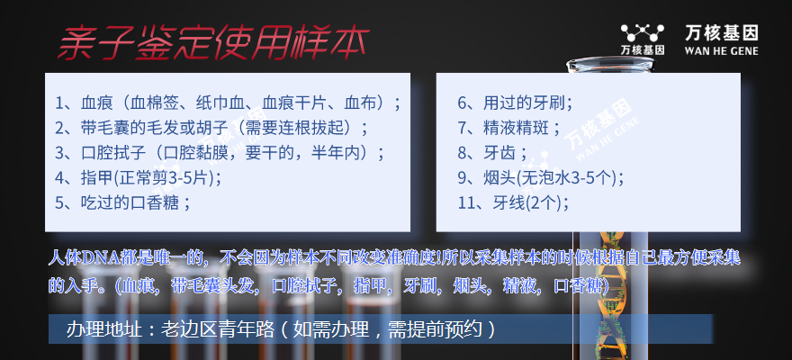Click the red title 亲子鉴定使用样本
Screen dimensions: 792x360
pos(213,44)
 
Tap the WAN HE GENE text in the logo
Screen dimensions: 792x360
pos(721,50)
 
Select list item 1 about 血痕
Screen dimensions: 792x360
pos(229,103)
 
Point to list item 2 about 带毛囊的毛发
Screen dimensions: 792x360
pos(211,128)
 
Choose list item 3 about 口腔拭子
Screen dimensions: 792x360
pos(220,152)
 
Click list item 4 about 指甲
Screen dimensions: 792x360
pos(138,177)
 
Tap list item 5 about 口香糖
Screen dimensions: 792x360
pos(122,202)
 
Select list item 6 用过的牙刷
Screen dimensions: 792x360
pos(515,103)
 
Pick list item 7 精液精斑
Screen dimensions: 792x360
pos(509,128)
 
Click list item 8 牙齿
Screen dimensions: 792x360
pos(492,152)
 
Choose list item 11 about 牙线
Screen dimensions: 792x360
pos(513,202)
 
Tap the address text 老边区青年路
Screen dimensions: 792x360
pos(217,329)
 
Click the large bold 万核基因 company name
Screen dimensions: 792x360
pos(721,33)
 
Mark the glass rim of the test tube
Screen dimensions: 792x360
pos(609,64)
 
